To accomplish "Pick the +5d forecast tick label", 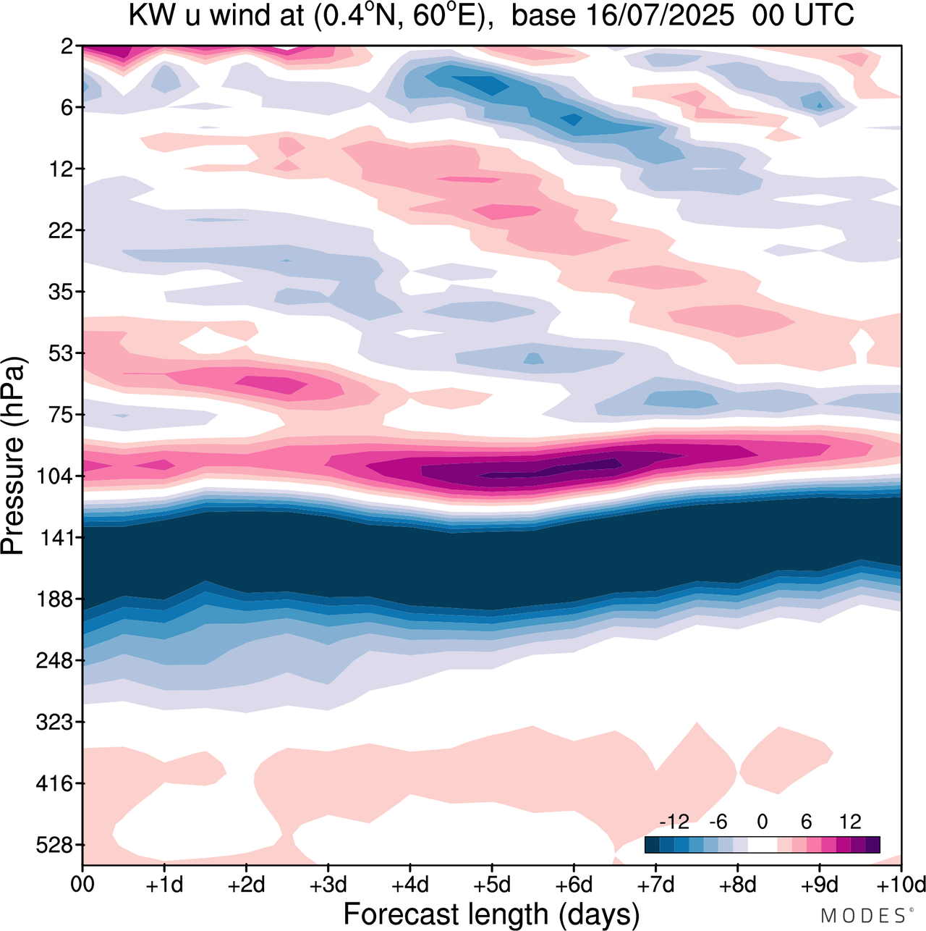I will click(492, 885).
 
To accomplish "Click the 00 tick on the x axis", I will click(82, 885).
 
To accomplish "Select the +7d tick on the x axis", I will click(655, 885).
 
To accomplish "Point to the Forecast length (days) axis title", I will click(492, 914).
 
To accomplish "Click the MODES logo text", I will click(863, 915).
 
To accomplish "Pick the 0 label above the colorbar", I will click(762, 822).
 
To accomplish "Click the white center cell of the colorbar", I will click(762, 845).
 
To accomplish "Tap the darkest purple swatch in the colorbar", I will click(872, 845).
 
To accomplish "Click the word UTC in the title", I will click(825, 16).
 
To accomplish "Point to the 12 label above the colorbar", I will click(851, 822).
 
